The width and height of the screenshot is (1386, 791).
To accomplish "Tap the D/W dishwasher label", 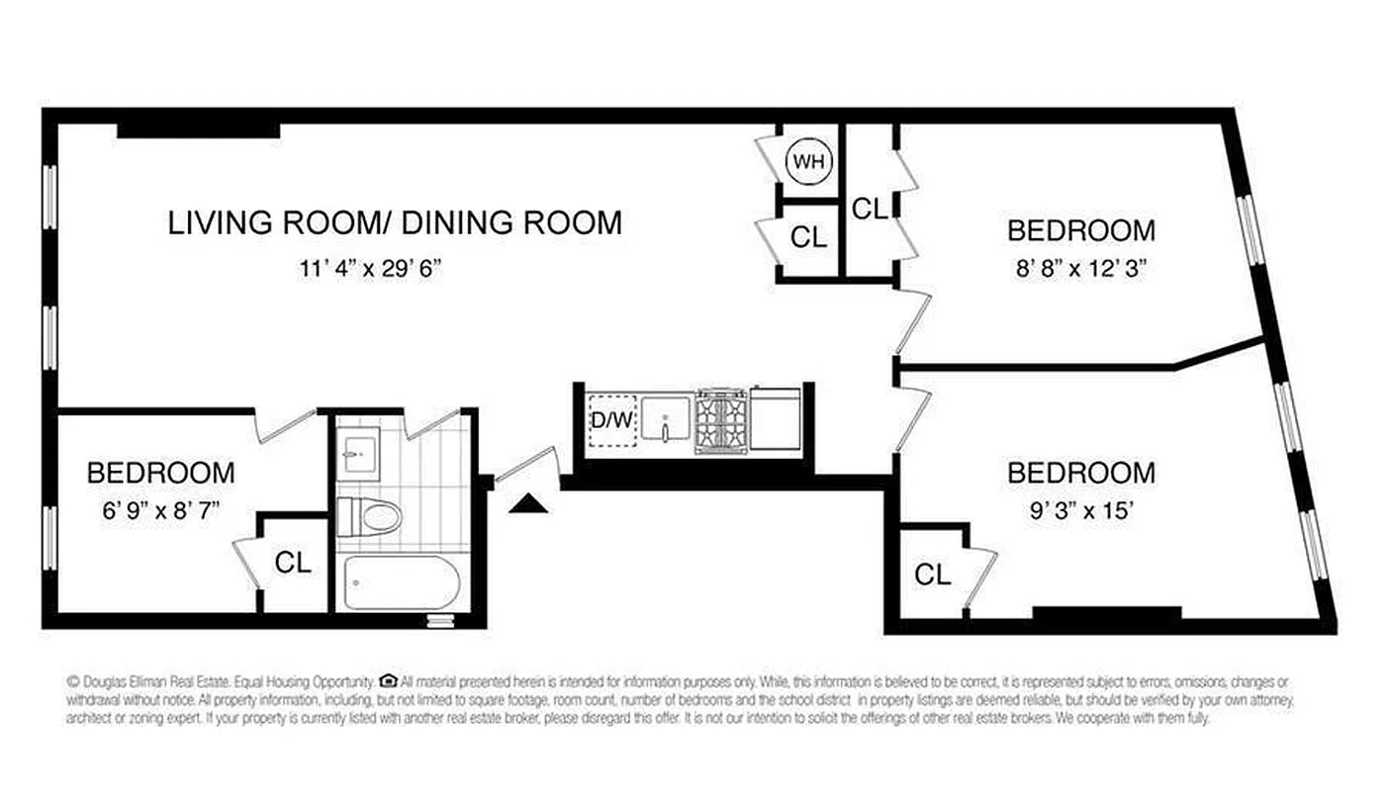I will [x=611, y=420].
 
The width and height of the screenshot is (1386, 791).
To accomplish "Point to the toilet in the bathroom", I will [x=369, y=515].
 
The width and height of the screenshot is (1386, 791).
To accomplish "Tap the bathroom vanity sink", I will [x=355, y=453].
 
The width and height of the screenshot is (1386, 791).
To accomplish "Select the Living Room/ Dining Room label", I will [x=395, y=222].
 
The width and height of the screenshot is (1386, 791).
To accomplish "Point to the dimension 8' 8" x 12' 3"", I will [x=1080, y=268].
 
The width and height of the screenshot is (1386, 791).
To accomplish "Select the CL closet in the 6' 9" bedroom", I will [x=293, y=563].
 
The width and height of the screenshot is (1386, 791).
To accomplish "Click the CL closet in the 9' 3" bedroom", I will [x=932, y=574].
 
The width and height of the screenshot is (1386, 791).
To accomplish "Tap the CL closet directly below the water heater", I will [x=808, y=237].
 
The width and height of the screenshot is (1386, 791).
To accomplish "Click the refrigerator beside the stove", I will [x=775, y=420].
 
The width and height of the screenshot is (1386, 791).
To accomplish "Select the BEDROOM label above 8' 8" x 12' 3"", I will [x=1080, y=230].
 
